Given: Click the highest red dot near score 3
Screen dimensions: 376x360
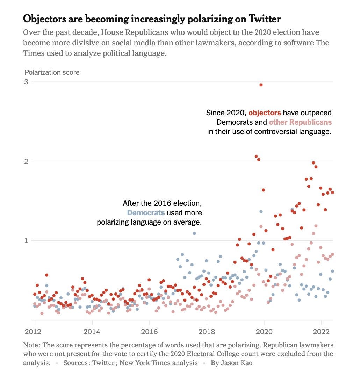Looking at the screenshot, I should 261,85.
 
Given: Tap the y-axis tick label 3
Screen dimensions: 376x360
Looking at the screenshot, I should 26,82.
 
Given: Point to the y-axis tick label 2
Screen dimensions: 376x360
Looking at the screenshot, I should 26,161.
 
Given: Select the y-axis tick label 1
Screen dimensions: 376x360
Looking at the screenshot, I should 26,240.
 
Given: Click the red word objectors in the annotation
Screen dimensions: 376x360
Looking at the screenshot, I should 265,113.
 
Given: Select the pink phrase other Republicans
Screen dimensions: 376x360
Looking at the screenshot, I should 300,122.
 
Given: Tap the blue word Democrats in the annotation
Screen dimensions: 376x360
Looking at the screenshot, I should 146,212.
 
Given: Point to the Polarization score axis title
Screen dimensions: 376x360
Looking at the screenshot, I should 52,72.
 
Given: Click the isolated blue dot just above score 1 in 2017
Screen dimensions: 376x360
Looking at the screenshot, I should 194,233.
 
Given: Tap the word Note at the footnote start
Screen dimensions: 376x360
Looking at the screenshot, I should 30,345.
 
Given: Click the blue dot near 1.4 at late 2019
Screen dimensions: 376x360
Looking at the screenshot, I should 261,211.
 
